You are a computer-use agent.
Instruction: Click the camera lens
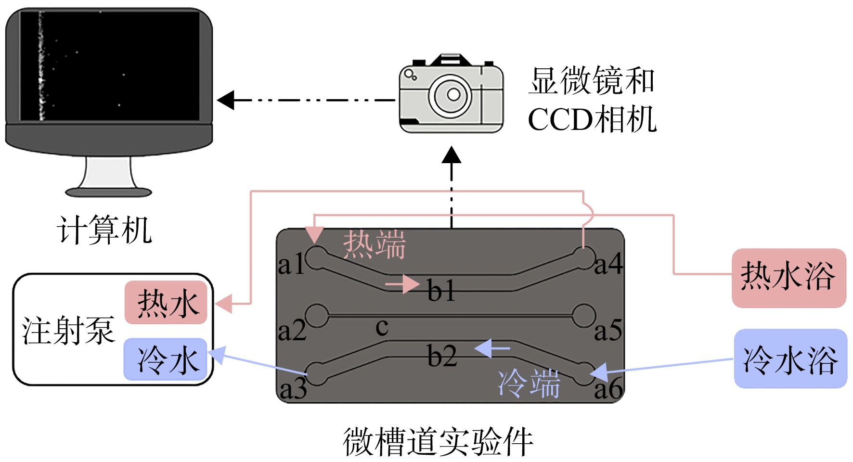coord(452,95)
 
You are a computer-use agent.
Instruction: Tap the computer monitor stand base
coord(109,192)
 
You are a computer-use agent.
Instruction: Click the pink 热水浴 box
coord(788,278)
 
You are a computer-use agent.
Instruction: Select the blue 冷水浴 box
coord(790,359)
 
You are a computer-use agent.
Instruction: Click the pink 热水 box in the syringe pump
coord(166,303)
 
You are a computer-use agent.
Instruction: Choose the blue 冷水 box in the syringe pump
coord(166,359)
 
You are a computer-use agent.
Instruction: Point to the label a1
coord(292,264)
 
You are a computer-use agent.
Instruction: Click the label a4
coord(608,264)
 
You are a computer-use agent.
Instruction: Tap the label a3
coord(293,389)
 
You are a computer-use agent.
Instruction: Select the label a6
coord(608,389)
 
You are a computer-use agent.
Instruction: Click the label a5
coord(608,331)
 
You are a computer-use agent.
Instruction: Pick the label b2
coord(442,356)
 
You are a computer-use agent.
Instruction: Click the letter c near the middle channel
coord(382,327)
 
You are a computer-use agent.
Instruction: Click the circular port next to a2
coord(317,316)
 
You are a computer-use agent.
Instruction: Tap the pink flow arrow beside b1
coord(402,284)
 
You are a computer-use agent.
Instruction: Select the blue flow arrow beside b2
coord(492,348)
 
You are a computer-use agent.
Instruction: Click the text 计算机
coord(104,230)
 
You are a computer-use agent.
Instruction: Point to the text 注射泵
coord(68,331)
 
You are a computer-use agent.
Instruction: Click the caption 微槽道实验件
coord(438,441)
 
